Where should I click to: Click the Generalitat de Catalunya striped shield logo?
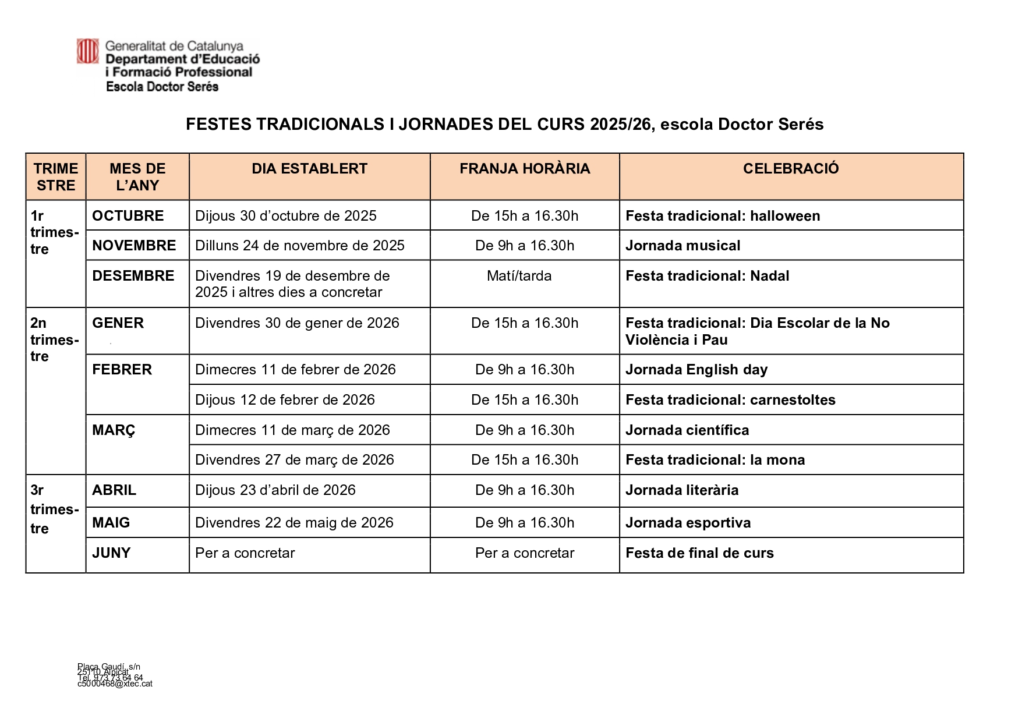tap(88, 51)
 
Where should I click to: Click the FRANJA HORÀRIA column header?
tap(524, 169)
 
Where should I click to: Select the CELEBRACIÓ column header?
tap(790, 169)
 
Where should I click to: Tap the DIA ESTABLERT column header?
tap(309, 169)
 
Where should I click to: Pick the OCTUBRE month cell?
tap(128, 216)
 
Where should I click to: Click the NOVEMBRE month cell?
tap(134, 246)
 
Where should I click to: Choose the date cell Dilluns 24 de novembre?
tap(299, 246)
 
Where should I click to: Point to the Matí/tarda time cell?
tap(519, 276)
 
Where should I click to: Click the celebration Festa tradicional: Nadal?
tap(707, 276)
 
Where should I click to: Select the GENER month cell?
tap(118, 323)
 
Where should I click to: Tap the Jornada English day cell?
tap(696, 370)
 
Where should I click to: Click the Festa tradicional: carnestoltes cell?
tap(730, 400)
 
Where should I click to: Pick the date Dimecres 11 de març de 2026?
tap(292, 430)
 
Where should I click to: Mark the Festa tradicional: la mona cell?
tap(715, 460)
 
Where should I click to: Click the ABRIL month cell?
tap(114, 490)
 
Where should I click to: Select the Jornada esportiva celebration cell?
tap(688, 523)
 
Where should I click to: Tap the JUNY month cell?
tap(111, 553)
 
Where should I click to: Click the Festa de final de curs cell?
tap(699, 553)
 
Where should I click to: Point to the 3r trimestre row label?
tap(54, 509)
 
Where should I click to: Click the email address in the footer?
tap(115, 684)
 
